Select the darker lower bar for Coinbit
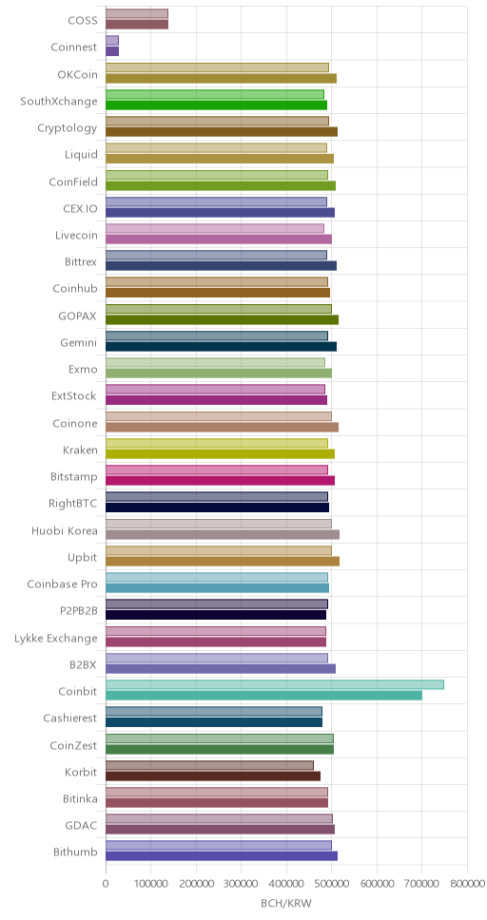(x=263, y=696)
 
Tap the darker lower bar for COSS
(x=137, y=24)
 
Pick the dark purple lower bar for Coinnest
(x=112, y=51)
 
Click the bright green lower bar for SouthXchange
(x=216, y=105)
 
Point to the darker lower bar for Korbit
(x=213, y=776)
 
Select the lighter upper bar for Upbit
(x=219, y=550)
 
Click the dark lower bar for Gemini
(x=221, y=346)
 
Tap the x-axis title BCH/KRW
(x=286, y=903)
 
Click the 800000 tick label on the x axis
(x=467, y=883)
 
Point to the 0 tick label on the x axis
(x=106, y=883)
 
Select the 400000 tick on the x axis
(x=286, y=883)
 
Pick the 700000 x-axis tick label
(x=421, y=883)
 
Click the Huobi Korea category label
(x=65, y=531)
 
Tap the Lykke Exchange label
(x=56, y=639)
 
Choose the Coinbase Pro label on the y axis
(x=62, y=585)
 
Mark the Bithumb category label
(x=75, y=853)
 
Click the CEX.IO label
(x=80, y=209)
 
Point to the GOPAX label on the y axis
(x=78, y=316)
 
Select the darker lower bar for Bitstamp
(x=221, y=481)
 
